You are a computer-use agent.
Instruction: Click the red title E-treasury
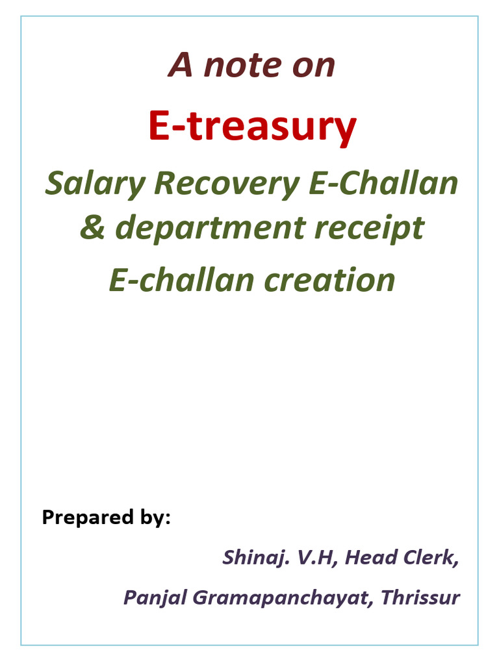coord(252,126)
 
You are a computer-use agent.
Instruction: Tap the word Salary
coord(95,184)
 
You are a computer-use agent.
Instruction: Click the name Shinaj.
coord(249,557)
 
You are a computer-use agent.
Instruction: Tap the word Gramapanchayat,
coord(278,597)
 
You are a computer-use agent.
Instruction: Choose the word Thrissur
coord(420,597)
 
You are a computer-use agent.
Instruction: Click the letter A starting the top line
coord(180,65)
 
